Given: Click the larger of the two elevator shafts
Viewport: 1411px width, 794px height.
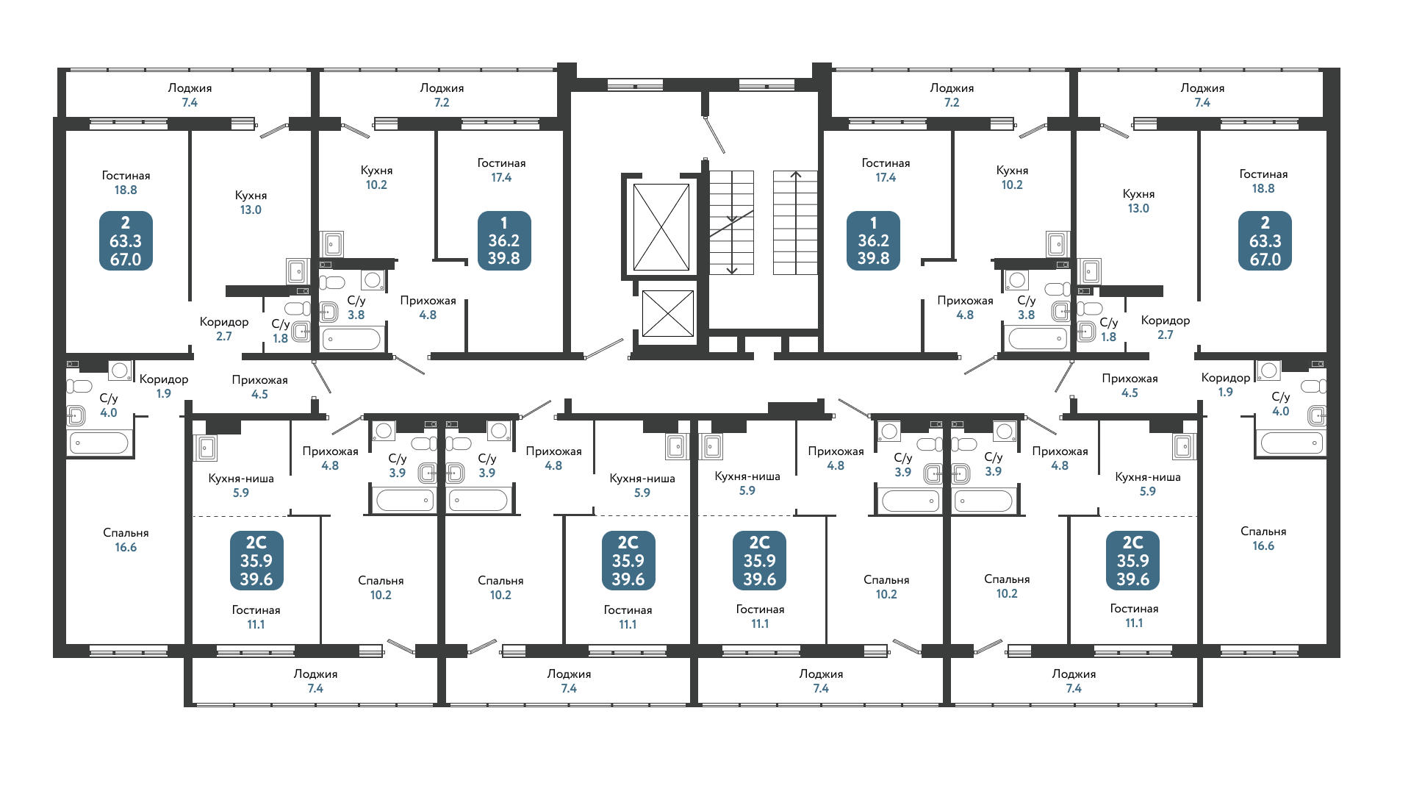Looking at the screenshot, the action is point(661,226).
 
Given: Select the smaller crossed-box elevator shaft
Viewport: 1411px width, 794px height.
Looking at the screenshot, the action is point(667,313).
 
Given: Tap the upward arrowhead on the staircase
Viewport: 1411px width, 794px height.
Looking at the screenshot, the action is point(795,175).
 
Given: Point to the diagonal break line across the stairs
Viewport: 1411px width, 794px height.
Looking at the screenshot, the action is point(731,223).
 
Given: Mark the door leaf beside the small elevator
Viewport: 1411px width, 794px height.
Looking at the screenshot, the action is point(604,348).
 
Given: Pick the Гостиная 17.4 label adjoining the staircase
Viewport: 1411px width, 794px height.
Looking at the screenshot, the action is point(886,170).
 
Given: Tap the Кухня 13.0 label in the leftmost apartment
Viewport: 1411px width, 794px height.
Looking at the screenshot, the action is point(251,202).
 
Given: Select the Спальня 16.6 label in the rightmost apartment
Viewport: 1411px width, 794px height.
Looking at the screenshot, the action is point(1263,538).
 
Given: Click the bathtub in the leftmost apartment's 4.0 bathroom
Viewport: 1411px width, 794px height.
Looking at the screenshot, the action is point(98,443).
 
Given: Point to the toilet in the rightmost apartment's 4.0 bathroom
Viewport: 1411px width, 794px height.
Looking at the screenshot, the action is point(1313,387).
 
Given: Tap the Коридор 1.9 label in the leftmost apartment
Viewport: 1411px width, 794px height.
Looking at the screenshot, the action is point(164,386).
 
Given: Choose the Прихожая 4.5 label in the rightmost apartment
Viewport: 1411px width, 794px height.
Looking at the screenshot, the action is point(1130,385).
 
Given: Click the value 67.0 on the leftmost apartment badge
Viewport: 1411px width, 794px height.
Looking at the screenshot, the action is point(126,260).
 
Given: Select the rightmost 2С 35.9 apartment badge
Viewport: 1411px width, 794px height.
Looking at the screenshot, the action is point(1132,560).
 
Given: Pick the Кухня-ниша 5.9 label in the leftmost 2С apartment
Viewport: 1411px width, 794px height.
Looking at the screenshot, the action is point(241,485).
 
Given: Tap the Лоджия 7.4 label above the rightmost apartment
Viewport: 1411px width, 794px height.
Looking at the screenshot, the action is point(1202,95).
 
